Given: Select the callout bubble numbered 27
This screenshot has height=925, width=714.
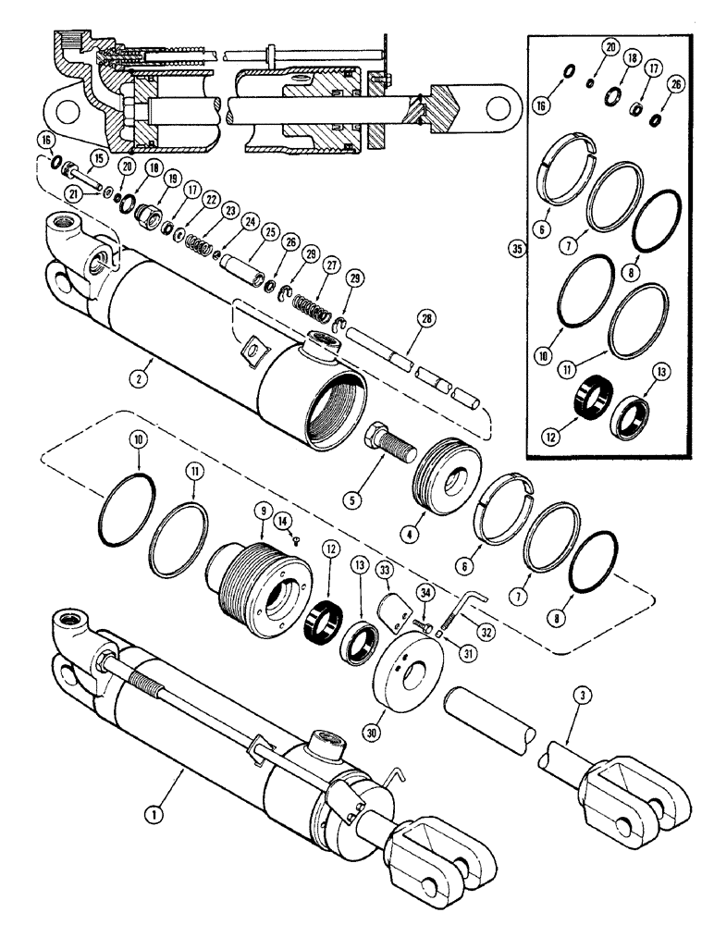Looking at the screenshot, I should [331, 265].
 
